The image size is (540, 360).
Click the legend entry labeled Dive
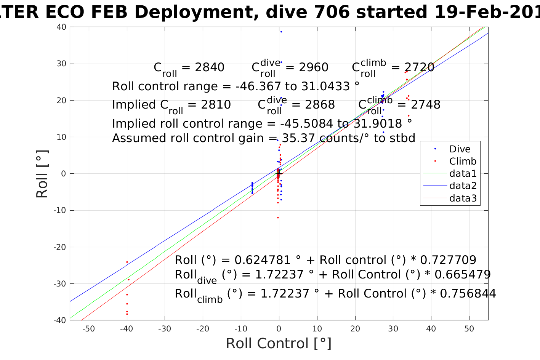[x=460, y=149]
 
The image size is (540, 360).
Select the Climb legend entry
[x=463, y=162]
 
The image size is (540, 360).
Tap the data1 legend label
[x=463, y=174]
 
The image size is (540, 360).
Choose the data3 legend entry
[x=463, y=198]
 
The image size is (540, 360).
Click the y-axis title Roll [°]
[x=42, y=174]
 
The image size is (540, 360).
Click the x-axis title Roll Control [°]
[x=279, y=344]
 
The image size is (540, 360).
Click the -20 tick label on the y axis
[x=60, y=247]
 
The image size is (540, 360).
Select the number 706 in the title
[x=331, y=13]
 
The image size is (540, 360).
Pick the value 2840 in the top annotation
[x=210, y=68]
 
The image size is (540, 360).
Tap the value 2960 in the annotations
[x=314, y=68]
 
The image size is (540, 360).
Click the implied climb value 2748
[x=425, y=105]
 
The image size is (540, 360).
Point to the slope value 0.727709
[x=448, y=260]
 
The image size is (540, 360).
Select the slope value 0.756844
[x=468, y=294]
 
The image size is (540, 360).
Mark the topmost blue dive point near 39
[x=281, y=32]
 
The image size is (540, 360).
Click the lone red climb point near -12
[x=278, y=218]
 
